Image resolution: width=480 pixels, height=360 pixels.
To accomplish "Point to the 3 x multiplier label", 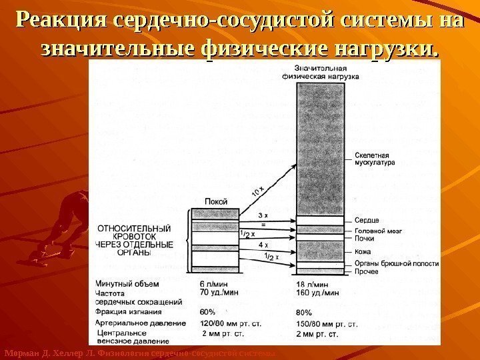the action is (x=263, y=215).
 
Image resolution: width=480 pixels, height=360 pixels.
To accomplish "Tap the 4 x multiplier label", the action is (x=263, y=245).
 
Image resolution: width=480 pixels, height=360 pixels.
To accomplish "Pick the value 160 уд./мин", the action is (x=317, y=292).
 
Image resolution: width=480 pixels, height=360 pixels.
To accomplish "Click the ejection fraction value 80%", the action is (x=303, y=311).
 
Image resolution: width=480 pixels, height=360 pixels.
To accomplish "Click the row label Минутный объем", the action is (x=127, y=283).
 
